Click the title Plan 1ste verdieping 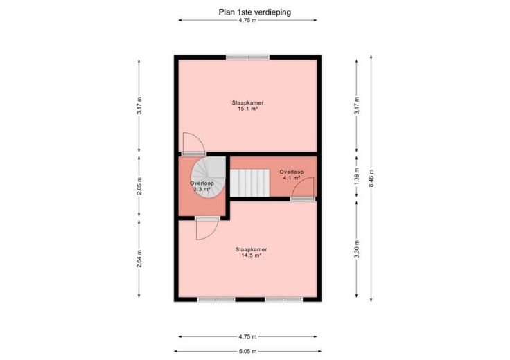(255, 12)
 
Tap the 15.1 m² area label (248, 109)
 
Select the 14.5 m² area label (252, 255)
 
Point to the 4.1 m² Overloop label (292, 178)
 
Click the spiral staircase (209, 177)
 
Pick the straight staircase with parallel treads (249, 182)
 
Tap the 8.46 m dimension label (371, 179)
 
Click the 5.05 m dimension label (247, 351)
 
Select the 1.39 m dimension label (357, 177)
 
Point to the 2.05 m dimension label (139, 186)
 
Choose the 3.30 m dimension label (357, 249)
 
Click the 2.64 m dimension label (139, 259)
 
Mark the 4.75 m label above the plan (247, 20)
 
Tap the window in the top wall (248, 57)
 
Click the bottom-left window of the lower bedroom (216, 300)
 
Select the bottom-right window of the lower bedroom (284, 300)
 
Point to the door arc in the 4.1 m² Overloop (303, 188)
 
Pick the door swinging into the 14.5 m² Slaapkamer (208, 228)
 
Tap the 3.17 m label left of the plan (139, 106)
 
